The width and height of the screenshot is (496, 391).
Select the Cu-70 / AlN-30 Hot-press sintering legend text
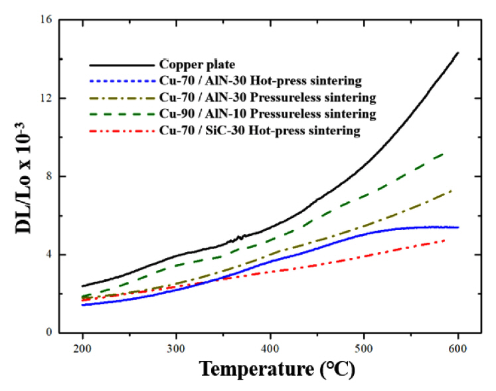(260, 81)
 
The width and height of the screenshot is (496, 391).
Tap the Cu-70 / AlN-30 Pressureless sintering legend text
(268, 98)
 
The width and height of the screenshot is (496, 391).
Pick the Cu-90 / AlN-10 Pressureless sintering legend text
(268, 114)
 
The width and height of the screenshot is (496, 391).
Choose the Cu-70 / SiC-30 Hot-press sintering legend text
(260, 131)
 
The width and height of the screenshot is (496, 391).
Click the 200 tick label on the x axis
(82, 348)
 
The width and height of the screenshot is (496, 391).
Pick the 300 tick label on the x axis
(176, 348)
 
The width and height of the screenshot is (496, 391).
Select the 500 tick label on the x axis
(364, 348)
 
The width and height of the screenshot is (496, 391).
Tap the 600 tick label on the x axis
(457, 348)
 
